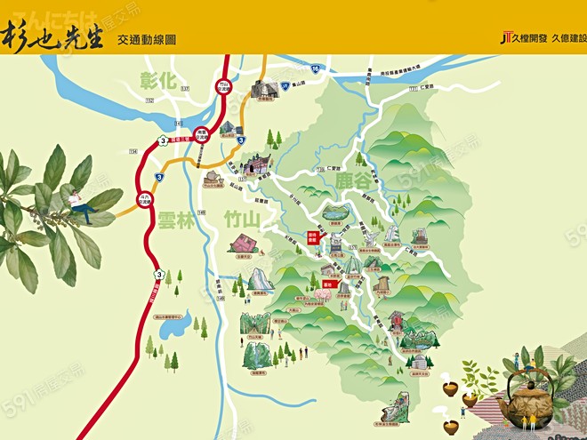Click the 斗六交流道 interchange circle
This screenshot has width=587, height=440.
144,199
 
